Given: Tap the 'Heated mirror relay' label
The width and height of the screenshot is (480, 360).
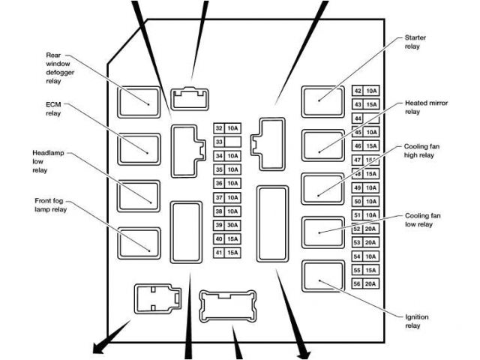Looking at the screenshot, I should point(426,106).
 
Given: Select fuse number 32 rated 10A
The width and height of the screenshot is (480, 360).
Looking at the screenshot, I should point(226,128).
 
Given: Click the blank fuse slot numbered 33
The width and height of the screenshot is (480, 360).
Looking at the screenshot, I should point(226,142).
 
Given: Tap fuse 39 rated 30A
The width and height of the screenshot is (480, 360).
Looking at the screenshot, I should point(226,225).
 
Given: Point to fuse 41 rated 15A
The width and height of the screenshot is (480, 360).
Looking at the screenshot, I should point(226,253).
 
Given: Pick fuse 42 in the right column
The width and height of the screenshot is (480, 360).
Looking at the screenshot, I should point(365,91).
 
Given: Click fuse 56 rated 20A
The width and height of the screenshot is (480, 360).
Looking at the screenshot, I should point(365,283).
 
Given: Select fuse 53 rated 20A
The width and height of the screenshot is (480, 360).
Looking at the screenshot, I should point(365,241).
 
